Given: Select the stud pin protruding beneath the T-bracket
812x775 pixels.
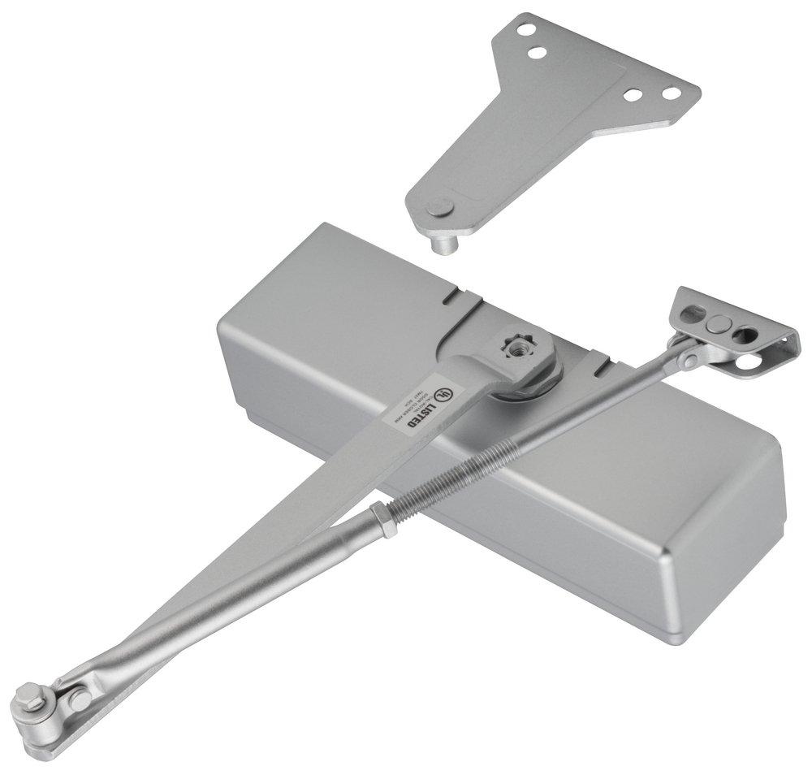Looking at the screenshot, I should click(444, 242).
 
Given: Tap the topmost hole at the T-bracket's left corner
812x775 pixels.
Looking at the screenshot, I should click(528, 31).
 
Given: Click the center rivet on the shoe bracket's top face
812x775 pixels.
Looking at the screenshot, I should click(717, 323).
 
